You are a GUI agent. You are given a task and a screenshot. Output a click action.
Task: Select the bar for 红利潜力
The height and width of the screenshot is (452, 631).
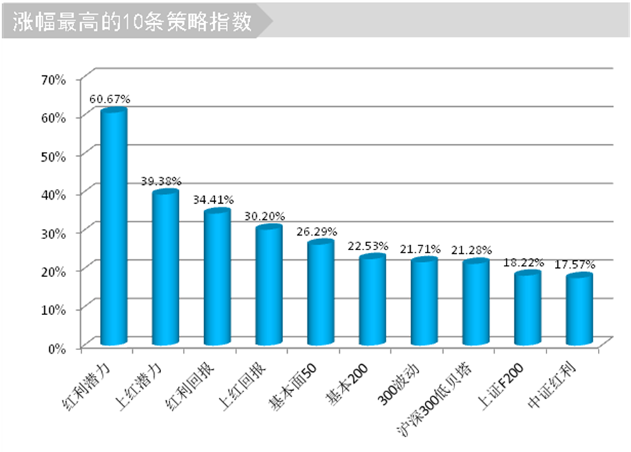point(114,228)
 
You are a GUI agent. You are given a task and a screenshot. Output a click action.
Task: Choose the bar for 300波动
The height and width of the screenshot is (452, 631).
point(424,302)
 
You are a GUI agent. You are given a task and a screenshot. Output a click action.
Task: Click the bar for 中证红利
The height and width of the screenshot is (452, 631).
point(579,310)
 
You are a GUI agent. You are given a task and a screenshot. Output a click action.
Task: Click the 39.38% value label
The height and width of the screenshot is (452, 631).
point(160,181)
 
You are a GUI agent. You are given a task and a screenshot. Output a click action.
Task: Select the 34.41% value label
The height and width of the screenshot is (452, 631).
point(213,200)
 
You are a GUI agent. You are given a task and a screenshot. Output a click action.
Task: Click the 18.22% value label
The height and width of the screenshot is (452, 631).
point(523,262)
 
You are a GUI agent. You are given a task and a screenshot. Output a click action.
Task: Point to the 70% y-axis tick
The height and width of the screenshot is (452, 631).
point(53,79)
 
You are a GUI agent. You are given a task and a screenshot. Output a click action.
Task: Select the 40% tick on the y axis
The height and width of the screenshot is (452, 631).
point(53,194)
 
